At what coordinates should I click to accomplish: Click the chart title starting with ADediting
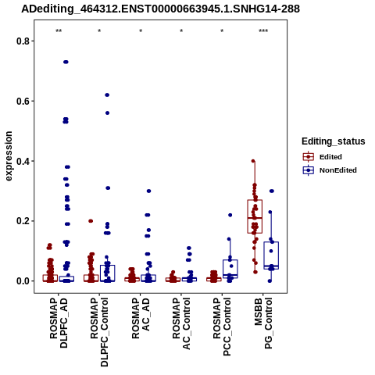click(160, 9)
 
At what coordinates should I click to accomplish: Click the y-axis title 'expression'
click(9, 156)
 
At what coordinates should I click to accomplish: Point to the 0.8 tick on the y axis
click(23, 41)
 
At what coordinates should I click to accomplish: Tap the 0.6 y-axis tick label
click(23, 101)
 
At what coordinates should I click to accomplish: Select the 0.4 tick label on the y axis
click(23, 161)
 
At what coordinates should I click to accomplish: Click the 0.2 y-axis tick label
click(23, 221)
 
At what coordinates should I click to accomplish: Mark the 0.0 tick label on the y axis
click(23, 281)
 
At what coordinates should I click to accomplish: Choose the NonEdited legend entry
click(330, 170)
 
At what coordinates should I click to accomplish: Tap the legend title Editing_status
click(334, 141)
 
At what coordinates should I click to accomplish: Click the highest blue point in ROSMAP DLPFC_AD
click(66, 62)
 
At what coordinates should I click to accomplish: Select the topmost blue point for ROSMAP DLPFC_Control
click(107, 95)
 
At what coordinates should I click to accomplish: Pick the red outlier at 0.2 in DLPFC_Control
click(91, 221)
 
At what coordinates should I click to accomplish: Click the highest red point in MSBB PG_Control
click(253, 161)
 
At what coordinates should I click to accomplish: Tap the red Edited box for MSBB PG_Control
click(255, 216)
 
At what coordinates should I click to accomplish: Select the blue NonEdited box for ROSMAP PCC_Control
click(230, 269)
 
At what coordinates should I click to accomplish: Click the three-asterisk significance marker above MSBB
click(263, 31)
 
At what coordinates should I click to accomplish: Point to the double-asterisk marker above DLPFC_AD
click(59, 31)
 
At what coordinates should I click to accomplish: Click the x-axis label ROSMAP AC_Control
click(181, 323)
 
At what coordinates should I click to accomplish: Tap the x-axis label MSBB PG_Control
click(263, 323)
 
